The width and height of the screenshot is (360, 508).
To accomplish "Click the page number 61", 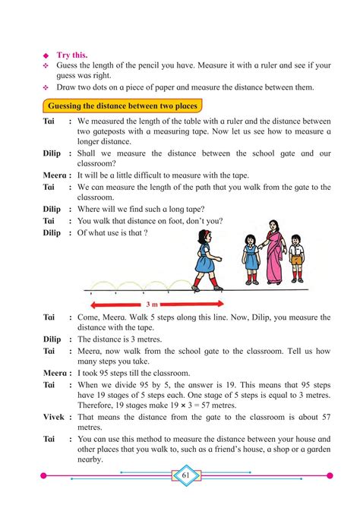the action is point(185,475).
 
